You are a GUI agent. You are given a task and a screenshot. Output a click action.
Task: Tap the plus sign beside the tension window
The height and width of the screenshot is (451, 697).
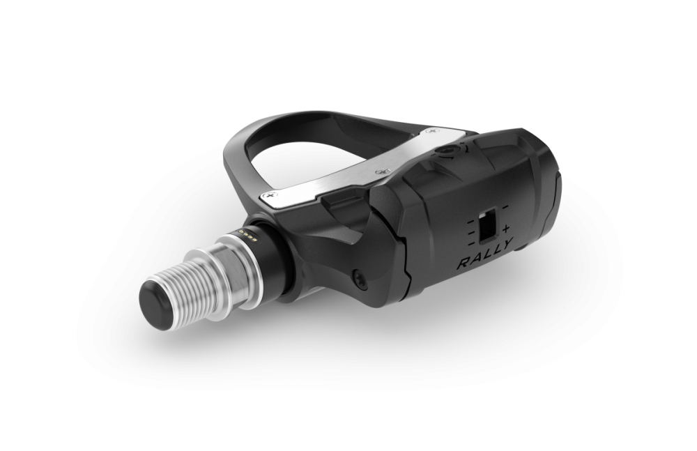[505, 229]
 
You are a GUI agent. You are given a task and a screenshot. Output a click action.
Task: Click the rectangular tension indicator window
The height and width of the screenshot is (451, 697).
[490, 222]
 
